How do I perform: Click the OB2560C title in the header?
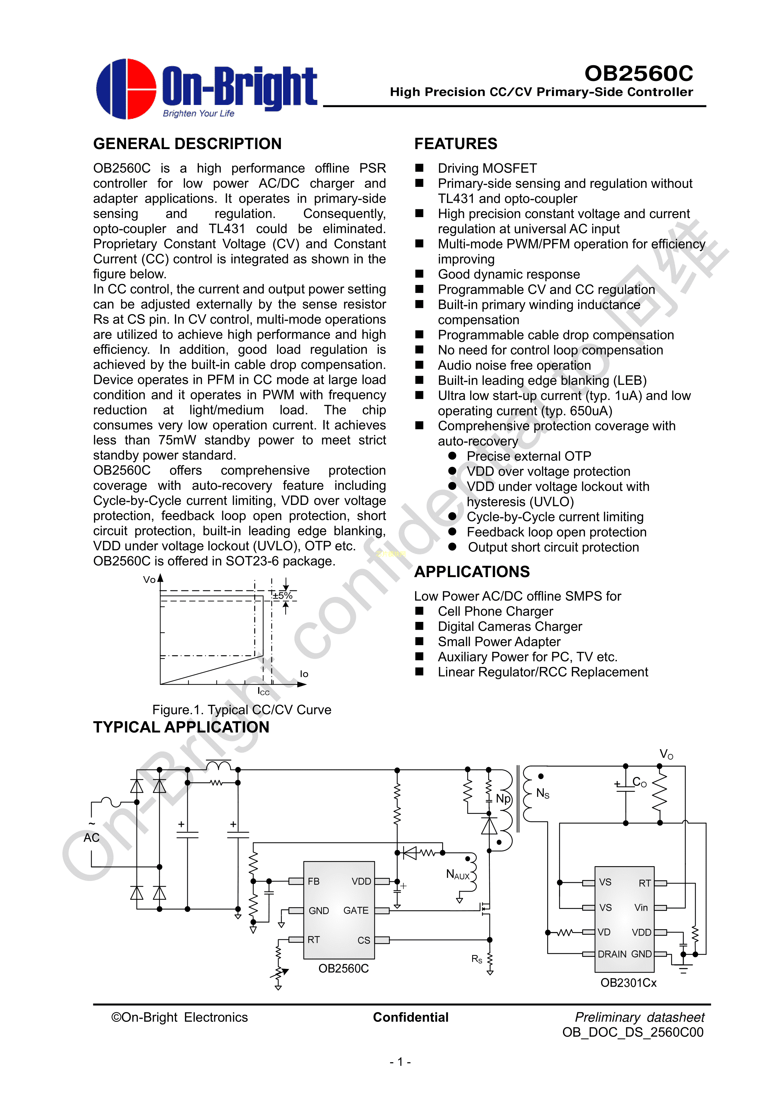638,73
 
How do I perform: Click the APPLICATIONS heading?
472,571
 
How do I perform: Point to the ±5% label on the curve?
282,595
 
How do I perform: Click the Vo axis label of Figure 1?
149,580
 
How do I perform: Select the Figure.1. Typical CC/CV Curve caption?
241,709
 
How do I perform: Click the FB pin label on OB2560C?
314,881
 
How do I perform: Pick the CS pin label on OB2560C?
364,940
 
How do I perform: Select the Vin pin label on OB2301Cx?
641,907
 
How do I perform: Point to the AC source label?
91,838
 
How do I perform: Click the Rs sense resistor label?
477,958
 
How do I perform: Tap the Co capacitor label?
640,782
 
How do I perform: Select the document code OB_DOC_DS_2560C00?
633,1032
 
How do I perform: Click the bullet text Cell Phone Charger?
495,611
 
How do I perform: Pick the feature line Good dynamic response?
508,274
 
